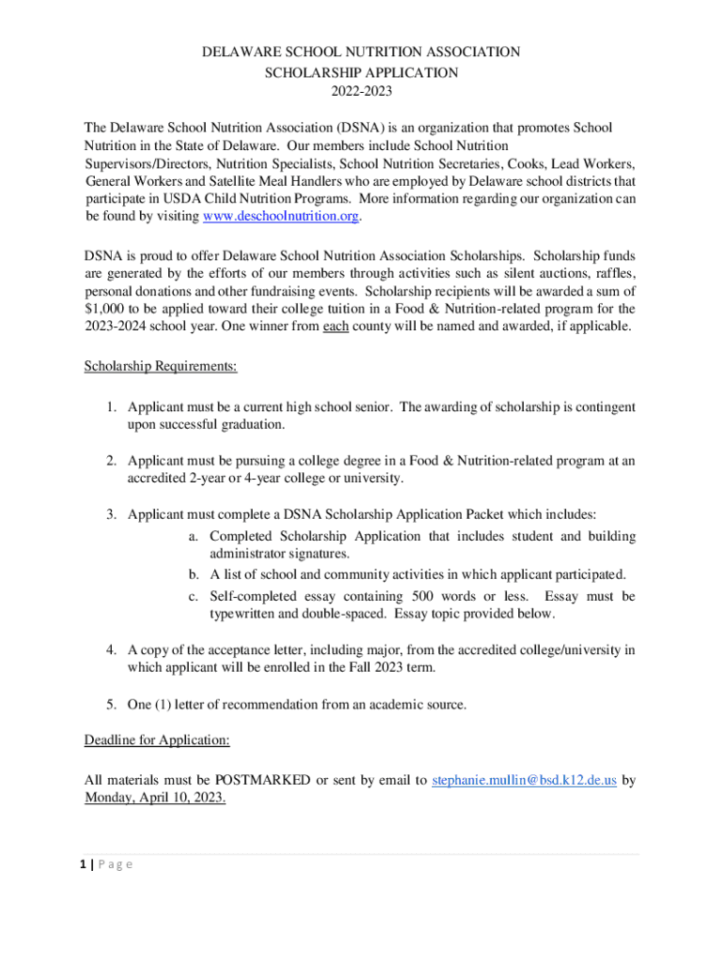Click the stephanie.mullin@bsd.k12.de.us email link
(x=524, y=780)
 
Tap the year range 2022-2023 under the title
(x=361, y=91)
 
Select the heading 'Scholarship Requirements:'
(x=161, y=366)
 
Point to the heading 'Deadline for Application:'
(x=157, y=740)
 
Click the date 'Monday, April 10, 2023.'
(x=155, y=799)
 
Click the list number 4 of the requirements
(x=110, y=649)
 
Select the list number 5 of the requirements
(x=110, y=704)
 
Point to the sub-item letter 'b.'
(x=193, y=574)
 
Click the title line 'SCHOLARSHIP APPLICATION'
(x=361, y=71)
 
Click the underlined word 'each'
(x=336, y=327)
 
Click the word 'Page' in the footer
(x=118, y=863)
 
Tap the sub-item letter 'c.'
(x=193, y=597)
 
